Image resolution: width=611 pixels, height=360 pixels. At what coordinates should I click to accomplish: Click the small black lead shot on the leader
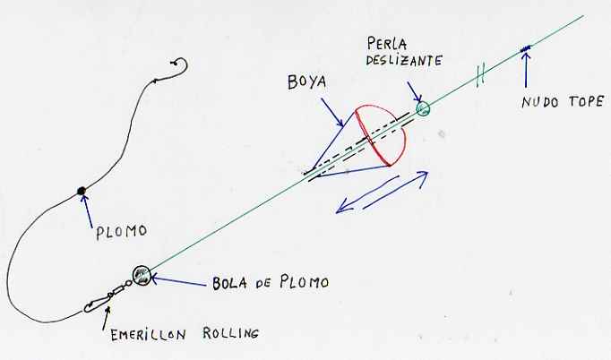pyautogui.click(x=82, y=189)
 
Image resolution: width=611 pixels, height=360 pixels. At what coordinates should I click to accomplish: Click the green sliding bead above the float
pyautogui.click(x=423, y=109)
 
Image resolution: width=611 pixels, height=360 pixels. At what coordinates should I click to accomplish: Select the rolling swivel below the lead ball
pyautogui.click(x=107, y=297)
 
